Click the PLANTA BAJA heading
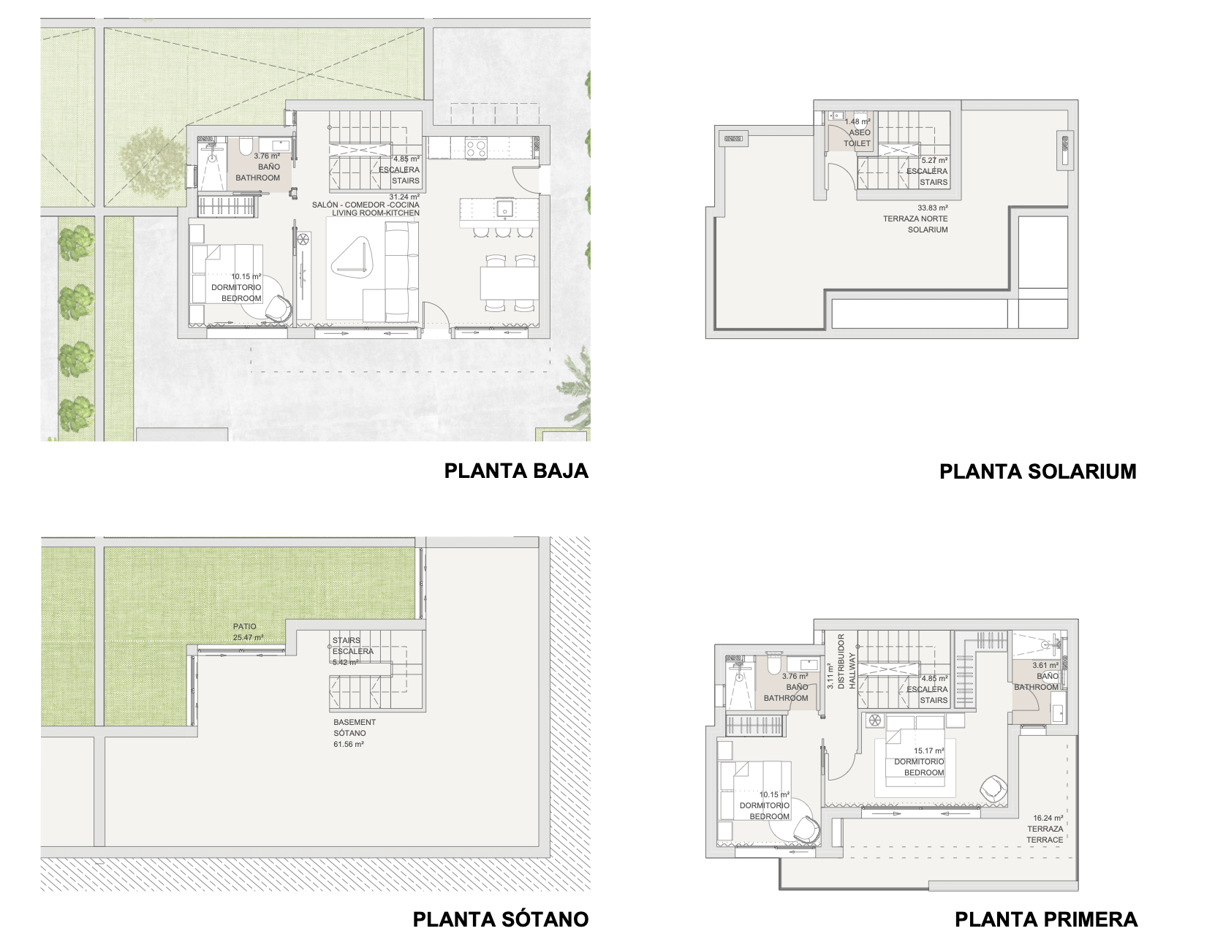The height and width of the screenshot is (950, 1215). [516, 471]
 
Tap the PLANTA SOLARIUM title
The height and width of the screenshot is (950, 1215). [1038, 471]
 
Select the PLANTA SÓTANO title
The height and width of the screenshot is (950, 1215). [501, 919]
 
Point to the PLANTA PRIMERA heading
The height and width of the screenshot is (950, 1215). [1045, 919]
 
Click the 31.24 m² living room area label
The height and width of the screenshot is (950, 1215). [404, 197]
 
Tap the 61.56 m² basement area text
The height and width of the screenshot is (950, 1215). [349, 745]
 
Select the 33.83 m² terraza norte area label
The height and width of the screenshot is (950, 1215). [933, 208]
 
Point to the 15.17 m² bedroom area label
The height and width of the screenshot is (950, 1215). [928, 751]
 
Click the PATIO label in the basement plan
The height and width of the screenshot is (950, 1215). [244, 626]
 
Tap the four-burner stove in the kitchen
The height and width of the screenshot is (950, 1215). [476, 148]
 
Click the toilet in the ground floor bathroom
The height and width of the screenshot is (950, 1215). [245, 148]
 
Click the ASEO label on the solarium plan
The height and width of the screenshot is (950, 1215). [860, 132]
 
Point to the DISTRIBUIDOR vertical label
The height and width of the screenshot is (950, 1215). [841, 661]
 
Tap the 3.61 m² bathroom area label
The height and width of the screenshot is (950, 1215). [1045, 666]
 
